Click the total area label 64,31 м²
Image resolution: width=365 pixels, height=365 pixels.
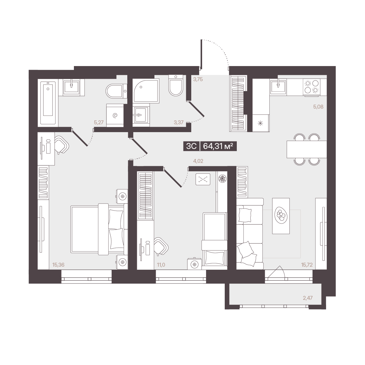tap(218, 146)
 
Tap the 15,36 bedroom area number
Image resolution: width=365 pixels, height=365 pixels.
tap(58, 265)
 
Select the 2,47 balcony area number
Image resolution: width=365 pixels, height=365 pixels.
tap(308, 298)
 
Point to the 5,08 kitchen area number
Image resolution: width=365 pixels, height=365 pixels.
tap(318, 107)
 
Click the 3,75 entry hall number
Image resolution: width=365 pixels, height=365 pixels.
tap(198, 79)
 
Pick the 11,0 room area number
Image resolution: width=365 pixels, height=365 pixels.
tap(161, 265)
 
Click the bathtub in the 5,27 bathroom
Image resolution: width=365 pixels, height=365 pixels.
tap(48, 103)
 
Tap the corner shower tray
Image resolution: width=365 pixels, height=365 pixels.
tap(146, 91)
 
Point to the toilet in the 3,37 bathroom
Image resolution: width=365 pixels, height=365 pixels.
tap(176, 85)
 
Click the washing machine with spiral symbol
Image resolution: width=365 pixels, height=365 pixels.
tap(115, 115)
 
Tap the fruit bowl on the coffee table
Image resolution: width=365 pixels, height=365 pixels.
tap(281, 215)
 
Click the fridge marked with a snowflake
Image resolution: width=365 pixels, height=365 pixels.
tap(261, 123)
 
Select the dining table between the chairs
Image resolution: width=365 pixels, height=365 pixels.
tap(307, 149)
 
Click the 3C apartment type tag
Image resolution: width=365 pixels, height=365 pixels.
tap(191, 146)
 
